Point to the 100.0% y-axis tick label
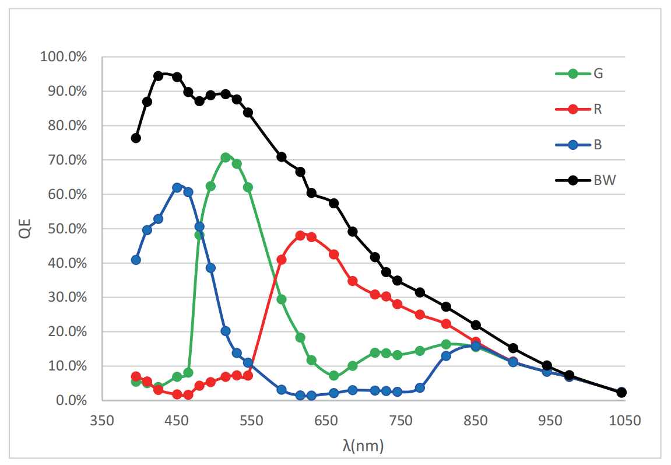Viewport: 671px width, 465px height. pyautogui.click(x=64, y=57)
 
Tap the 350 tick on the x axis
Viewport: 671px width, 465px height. pyautogui.click(x=101, y=420)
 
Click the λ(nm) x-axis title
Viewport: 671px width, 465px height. pyautogui.click(x=363, y=446)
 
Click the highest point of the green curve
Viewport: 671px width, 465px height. pyautogui.click(x=226, y=158)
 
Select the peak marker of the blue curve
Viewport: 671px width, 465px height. pyautogui.click(x=177, y=187)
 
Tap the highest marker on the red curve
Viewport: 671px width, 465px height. pyautogui.click(x=300, y=236)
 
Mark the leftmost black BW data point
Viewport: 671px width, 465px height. pyautogui.click(x=136, y=138)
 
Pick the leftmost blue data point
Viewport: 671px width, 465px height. pyautogui.click(x=136, y=260)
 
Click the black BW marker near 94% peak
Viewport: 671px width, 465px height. pyautogui.click(x=159, y=76)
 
